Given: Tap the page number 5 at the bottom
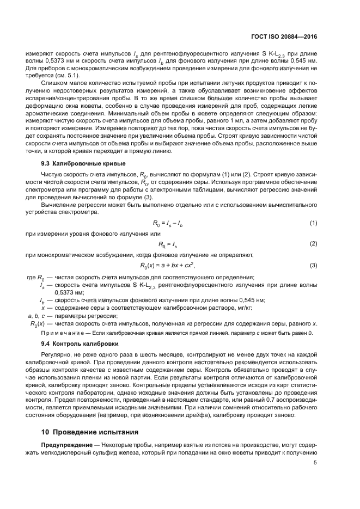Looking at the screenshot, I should point(315,463).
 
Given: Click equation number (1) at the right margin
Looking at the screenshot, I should point(313,223).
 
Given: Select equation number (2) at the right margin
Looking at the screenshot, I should point(313,243).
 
